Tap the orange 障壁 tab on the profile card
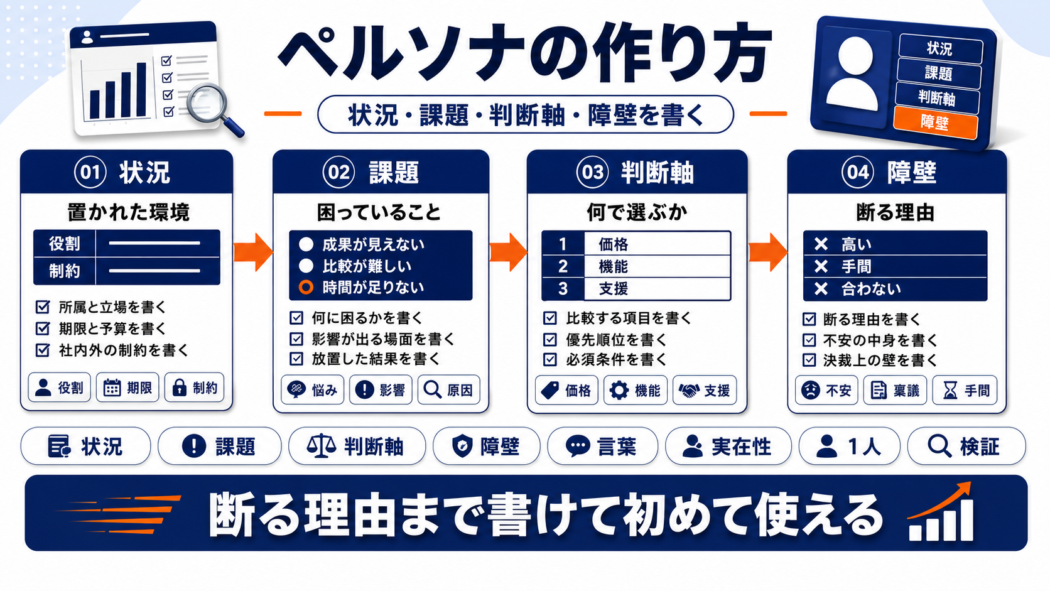coord(936,123)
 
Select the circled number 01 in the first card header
coord(90,172)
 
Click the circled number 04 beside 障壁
coord(857,172)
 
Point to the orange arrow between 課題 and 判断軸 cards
coord(508,252)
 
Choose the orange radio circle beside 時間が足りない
coord(306,287)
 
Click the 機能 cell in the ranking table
coord(657,266)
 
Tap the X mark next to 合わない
coord(821,289)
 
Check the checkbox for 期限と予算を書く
coord(43,328)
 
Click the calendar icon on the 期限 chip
coord(112,388)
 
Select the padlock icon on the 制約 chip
coord(180,388)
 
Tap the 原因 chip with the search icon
coord(448,389)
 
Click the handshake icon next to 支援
coord(689,391)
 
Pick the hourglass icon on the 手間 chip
coord(950,390)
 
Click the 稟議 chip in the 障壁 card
coord(895,390)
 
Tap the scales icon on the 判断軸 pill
coord(321,445)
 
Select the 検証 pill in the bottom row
coord(966,446)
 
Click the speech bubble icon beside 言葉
coord(578,446)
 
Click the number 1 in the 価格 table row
coord(563,244)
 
